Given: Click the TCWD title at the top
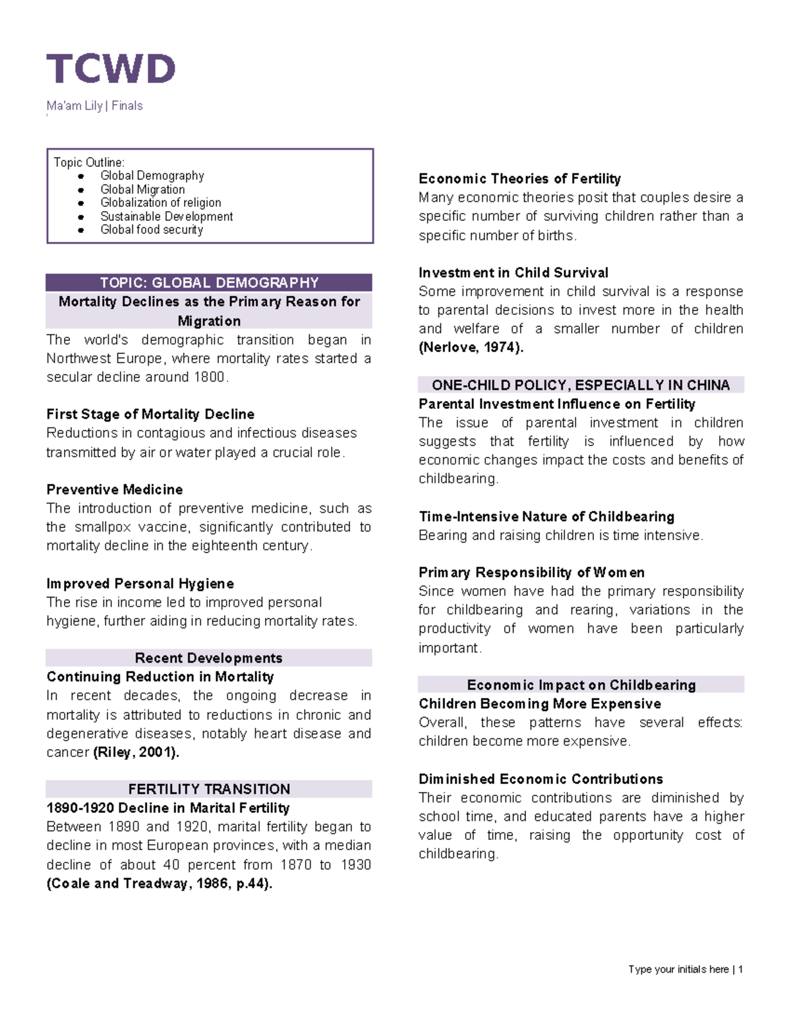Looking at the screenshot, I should [111, 69].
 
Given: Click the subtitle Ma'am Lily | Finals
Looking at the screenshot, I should [94, 105].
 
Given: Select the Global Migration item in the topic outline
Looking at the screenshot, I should [142, 189].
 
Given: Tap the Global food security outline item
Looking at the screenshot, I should [152, 229].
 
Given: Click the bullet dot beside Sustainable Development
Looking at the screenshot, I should [81, 216].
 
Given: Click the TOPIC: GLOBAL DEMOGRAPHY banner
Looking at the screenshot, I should [209, 283].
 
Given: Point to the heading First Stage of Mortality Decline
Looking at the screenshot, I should [150, 414].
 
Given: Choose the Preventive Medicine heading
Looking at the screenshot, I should [115, 489].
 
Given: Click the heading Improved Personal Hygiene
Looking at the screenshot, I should [140, 584].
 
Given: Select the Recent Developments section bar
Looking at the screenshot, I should [209, 657].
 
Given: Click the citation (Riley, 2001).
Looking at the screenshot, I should [136, 752].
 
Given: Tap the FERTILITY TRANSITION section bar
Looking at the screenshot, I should [209, 789].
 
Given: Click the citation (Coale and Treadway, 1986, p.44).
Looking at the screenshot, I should [159, 884].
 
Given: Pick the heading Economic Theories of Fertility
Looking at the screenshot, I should [519, 179].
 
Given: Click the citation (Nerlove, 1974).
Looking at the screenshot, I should [471, 347].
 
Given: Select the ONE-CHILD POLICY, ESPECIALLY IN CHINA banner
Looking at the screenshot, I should [581, 385].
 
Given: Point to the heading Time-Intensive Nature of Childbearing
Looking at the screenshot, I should [546, 516].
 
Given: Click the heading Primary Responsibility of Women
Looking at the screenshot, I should [531, 572].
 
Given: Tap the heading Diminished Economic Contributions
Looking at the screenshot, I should [541, 779].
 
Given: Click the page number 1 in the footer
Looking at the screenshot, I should [741, 969].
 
